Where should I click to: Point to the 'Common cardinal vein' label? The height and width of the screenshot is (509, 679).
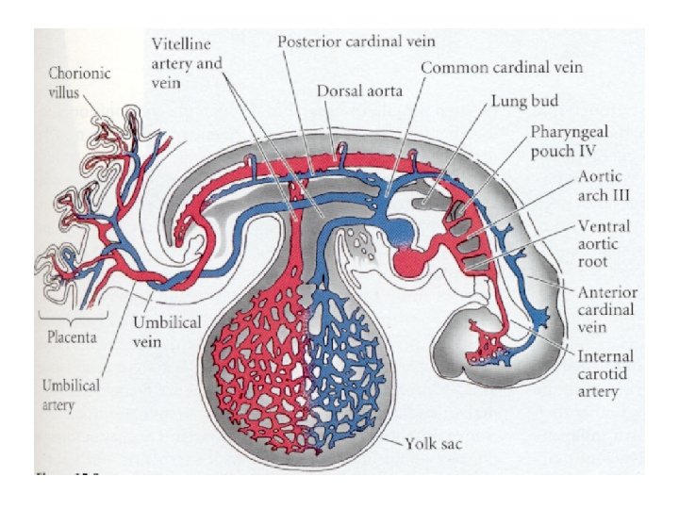501,68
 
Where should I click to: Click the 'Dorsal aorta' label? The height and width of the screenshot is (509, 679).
359,91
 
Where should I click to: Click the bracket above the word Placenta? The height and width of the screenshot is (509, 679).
71,319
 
